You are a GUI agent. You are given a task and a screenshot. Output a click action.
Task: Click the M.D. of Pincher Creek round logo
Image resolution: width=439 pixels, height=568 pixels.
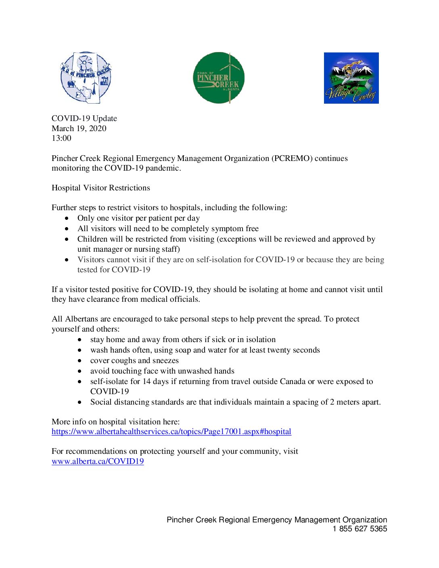[x=86, y=77]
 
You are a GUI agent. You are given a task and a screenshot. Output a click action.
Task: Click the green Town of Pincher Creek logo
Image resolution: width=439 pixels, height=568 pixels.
[x=219, y=77]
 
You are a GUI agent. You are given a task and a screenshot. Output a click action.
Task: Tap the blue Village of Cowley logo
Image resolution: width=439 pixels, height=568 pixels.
[x=351, y=78]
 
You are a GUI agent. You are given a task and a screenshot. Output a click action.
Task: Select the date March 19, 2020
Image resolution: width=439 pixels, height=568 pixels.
[x=79, y=128]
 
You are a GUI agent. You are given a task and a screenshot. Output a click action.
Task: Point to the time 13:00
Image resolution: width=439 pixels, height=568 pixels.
[x=61, y=138]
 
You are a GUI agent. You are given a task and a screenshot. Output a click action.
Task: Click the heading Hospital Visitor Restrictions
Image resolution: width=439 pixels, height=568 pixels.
[x=101, y=188]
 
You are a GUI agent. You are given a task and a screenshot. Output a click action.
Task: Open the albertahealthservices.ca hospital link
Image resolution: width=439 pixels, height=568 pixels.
[x=171, y=431]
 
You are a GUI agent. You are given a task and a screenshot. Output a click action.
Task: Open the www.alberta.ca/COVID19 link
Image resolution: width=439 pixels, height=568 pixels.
[x=98, y=461]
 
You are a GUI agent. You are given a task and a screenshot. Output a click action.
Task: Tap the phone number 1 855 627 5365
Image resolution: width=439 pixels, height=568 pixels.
[x=360, y=529]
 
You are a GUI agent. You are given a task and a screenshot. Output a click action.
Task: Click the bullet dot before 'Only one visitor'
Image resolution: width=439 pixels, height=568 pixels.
[x=67, y=218]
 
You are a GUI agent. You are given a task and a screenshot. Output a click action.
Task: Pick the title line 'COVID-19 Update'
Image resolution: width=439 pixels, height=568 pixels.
[x=84, y=118]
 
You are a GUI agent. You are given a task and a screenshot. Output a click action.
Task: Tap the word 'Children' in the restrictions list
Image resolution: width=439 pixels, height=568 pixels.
[x=92, y=239]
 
